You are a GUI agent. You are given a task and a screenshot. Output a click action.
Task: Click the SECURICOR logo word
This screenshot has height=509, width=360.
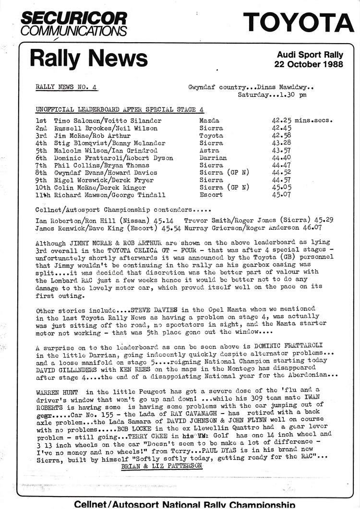73,19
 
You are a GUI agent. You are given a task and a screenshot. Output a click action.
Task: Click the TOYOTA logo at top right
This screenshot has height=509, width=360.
298,23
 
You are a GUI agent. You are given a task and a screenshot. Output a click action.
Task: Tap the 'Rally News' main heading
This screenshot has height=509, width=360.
88,59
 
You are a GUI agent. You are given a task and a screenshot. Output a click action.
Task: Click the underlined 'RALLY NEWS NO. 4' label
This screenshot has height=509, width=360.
66,87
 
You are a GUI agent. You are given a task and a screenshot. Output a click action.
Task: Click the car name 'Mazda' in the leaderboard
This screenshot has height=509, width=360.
209,121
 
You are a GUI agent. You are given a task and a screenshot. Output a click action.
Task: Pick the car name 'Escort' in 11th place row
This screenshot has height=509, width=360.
211,195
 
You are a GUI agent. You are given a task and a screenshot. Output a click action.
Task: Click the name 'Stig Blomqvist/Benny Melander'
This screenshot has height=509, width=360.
109,143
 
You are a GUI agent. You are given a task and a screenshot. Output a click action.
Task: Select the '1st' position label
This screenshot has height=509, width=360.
41,121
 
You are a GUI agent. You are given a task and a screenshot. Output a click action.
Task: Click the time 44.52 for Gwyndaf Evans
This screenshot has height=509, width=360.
281,173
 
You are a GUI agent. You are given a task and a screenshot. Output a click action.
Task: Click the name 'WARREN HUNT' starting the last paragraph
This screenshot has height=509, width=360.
57,391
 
